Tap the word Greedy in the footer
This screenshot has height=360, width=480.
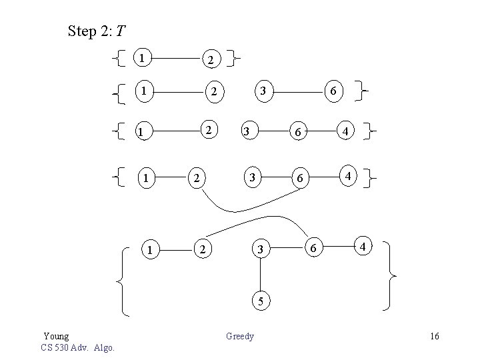[x=240, y=336]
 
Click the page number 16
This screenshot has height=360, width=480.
[x=435, y=336]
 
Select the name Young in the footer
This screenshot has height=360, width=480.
[x=56, y=336]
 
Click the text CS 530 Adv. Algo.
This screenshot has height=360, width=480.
[x=77, y=347]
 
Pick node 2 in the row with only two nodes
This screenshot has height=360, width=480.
[x=210, y=61]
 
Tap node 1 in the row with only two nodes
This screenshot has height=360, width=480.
[x=141, y=58]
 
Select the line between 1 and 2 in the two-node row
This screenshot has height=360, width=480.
[x=175, y=59]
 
